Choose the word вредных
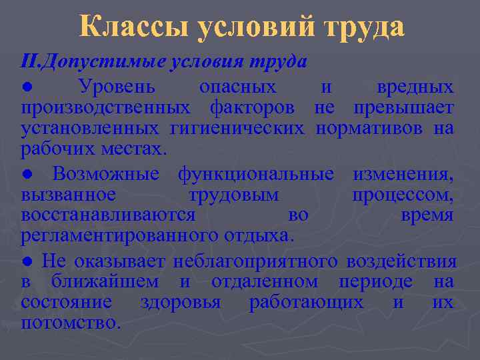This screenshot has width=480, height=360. [x=415, y=87]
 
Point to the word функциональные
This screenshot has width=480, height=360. [x=256, y=175]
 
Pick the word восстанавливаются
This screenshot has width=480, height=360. [x=108, y=215]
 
